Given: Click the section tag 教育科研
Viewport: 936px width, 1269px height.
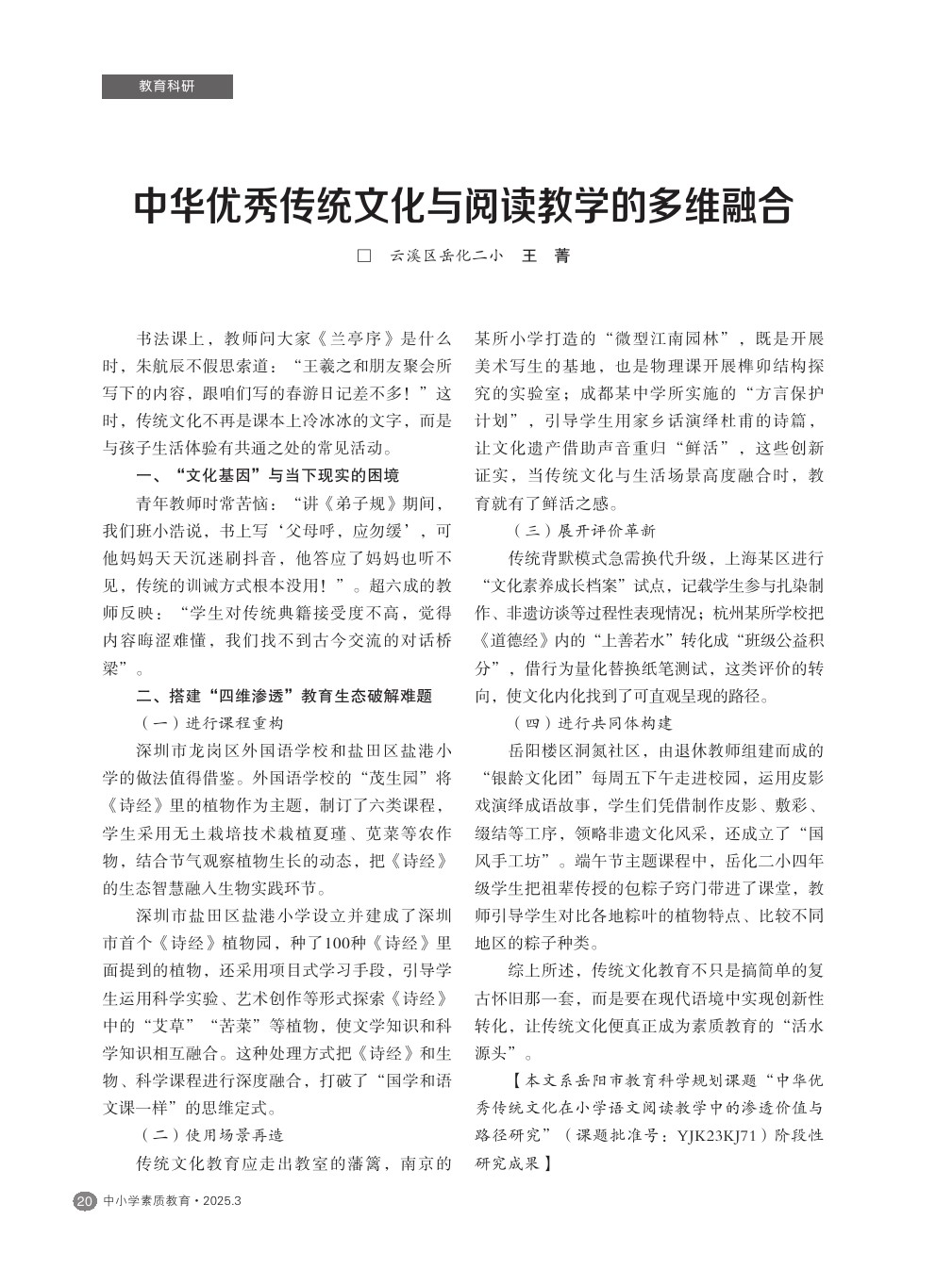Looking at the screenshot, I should point(167,86).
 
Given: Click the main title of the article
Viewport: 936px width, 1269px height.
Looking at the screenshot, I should point(463,206).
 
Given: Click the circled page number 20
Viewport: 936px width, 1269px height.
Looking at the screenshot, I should point(84,1201).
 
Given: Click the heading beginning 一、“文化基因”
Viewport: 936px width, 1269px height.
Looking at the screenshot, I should point(268,475).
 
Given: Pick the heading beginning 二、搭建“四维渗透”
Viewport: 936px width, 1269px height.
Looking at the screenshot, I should point(284,696).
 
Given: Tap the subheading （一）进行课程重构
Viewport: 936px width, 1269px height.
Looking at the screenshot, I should point(211,723).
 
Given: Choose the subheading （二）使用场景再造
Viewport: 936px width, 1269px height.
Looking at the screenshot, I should point(211,1135).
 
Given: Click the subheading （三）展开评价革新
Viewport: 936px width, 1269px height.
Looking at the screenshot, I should point(583,531).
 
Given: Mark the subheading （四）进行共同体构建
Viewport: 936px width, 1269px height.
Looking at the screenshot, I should point(592,723).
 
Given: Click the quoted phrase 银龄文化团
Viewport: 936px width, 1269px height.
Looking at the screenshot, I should point(532,778).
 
